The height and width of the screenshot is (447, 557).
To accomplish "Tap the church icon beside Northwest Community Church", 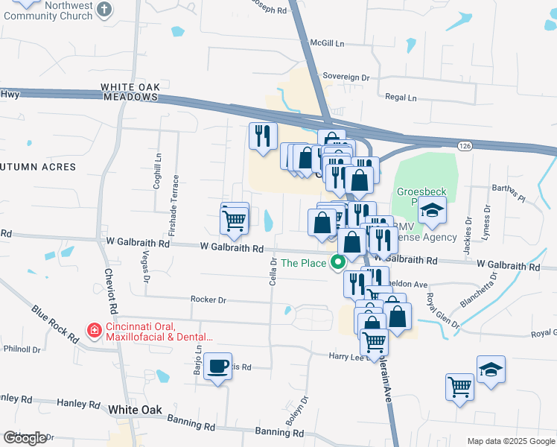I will (104, 9).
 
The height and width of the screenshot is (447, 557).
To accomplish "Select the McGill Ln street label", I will (328, 43).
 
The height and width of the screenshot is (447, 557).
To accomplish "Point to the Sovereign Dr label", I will (346, 77).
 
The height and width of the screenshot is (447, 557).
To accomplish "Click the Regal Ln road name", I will (401, 97).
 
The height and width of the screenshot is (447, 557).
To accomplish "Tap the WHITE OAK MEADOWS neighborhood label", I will (132, 92).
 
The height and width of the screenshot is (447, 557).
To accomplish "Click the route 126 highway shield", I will (465, 145).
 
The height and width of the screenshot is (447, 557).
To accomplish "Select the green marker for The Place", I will (340, 262).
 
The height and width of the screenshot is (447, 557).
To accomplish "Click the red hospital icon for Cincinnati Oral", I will (94, 329).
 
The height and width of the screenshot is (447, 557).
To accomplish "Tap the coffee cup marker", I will (217, 367).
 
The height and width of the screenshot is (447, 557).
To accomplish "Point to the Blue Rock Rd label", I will (55, 323).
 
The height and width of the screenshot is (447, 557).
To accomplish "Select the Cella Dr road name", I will (273, 271).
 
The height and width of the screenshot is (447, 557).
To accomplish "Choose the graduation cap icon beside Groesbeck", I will (431, 210).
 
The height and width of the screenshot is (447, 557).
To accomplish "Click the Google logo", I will (25, 438).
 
